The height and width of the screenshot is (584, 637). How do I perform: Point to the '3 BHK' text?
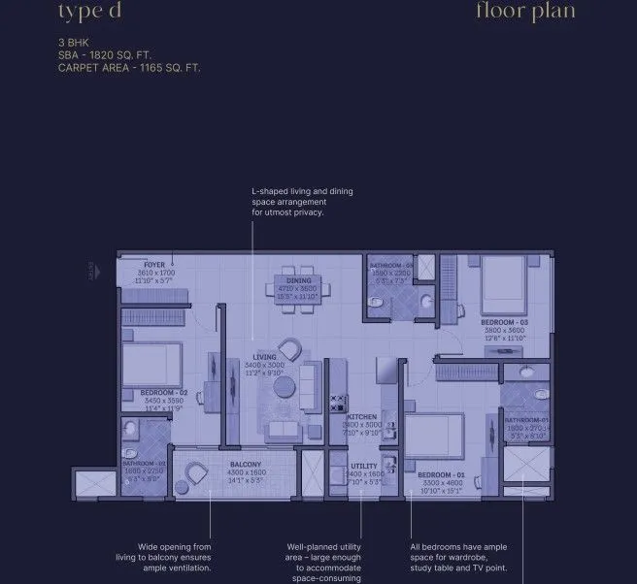pyautogui.click(x=74, y=44)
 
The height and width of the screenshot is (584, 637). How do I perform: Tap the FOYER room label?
pyautogui.click(x=153, y=264)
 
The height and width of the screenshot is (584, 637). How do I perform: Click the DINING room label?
pyautogui.click(x=298, y=280)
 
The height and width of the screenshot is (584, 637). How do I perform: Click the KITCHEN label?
pyautogui.click(x=361, y=417)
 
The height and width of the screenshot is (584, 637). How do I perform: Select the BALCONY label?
pyautogui.click(x=246, y=465)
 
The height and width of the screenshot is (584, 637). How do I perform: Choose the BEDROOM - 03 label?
pyautogui.click(x=504, y=321)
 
